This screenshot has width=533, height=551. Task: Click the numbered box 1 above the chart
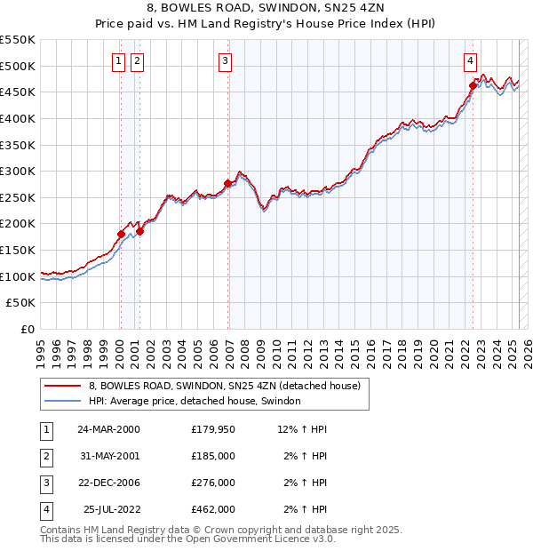(x=119, y=61)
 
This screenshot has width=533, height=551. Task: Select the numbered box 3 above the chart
(x=226, y=61)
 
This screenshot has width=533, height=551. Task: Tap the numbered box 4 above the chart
(x=470, y=61)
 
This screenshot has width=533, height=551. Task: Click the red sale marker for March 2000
(x=121, y=234)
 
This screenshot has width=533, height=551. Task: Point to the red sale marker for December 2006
(x=228, y=183)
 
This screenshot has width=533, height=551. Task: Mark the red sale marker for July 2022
(x=473, y=85)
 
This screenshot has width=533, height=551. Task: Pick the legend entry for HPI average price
(x=195, y=402)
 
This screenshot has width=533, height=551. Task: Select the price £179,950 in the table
(x=213, y=429)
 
